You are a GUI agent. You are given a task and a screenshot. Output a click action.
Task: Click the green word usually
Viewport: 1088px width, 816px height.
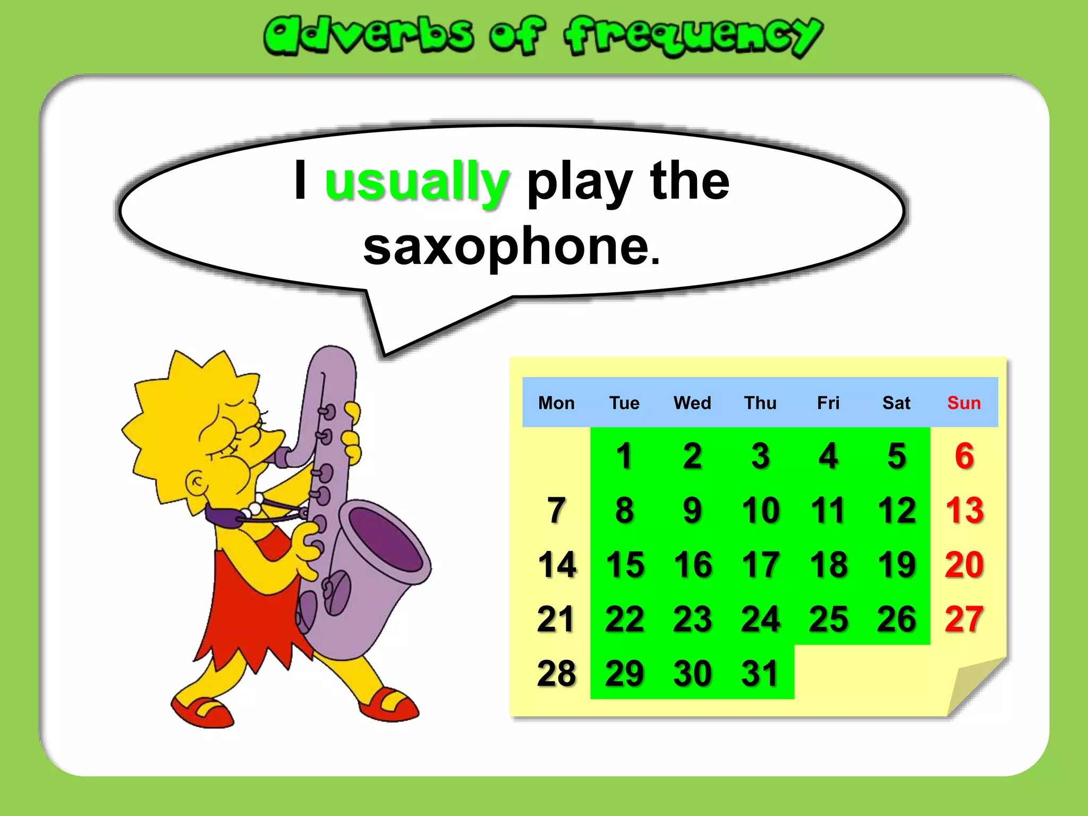click(x=416, y=182)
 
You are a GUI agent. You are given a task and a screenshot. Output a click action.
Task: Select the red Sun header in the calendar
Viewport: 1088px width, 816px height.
click(x=964, y=403)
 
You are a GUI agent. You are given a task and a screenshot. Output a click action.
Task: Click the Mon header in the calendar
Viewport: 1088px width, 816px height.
click(x=556, y=403)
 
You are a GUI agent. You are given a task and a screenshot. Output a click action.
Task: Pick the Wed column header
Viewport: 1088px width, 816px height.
click(x=692, y=403)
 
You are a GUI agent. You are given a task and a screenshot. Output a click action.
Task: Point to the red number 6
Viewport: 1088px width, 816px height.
click(x=964, y=456)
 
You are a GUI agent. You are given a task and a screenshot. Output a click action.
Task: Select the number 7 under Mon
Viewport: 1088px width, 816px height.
click(x=556, y=511)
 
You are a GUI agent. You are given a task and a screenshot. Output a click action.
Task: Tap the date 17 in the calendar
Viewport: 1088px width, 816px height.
click(x=760, y=565)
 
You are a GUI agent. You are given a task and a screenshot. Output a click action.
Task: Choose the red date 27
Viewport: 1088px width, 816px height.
click(x=964, y=619)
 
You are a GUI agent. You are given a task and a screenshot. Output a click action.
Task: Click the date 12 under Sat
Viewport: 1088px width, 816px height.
click(x=896, y=511)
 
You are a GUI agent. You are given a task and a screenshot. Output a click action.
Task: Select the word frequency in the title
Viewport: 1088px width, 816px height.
click(x=693, y=36)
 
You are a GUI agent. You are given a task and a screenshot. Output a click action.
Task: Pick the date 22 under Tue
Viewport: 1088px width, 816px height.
click(x=624, y=619)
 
